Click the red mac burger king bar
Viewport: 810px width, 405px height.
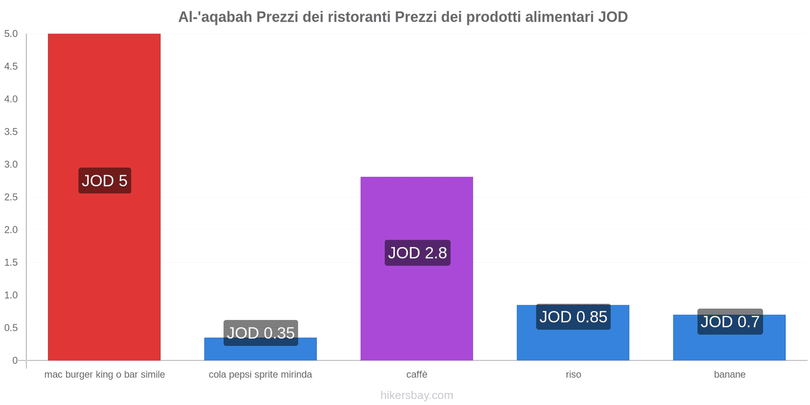pos(104,101)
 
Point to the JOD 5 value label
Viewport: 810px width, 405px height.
pos(105,181)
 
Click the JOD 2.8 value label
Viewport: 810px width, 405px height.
pos(417,253)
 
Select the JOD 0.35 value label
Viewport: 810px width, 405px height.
pos(261,333)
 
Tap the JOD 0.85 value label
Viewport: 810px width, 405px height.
pos(573,317)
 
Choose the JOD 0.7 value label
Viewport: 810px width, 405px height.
pos(730,321)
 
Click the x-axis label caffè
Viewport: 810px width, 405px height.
pos(417,375)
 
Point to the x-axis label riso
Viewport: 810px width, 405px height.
pos(573,375)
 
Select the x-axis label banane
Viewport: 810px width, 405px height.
pos(730,375)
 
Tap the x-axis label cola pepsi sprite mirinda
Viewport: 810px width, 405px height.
pos(260,375)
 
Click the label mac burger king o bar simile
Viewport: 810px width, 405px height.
pos(104,375)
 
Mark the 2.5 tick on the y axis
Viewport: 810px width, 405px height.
pos(11,197)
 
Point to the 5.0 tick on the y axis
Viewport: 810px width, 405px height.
pos(11,34)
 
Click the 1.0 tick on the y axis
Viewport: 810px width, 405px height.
pos(11,295)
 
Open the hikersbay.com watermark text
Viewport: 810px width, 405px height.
pos(417,395)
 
